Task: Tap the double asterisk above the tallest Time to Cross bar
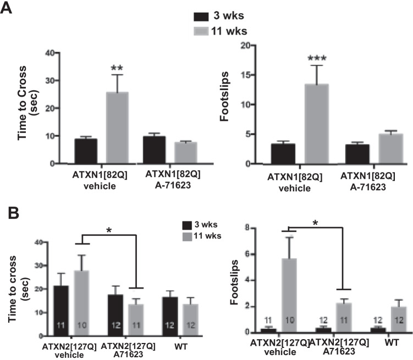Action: pyautogui.click(x=117, y=68)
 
